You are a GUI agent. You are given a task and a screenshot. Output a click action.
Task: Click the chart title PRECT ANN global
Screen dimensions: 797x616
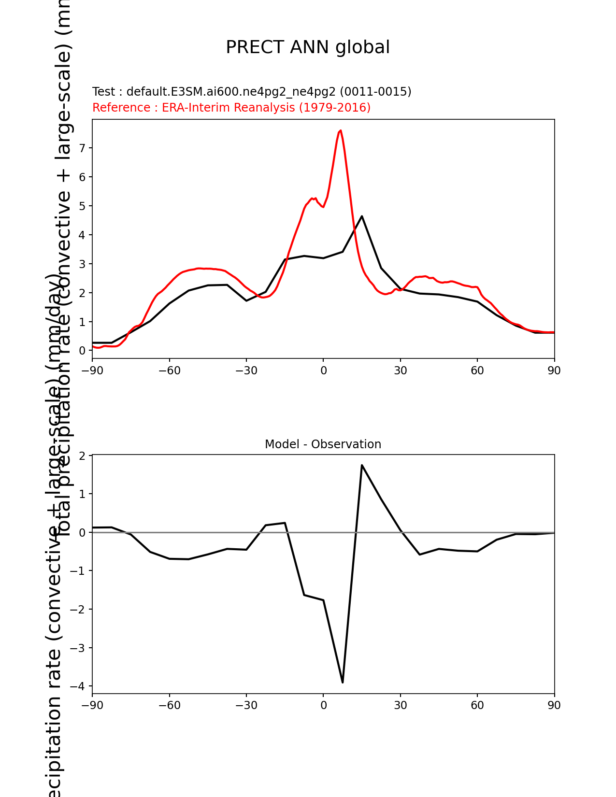coord(308,47)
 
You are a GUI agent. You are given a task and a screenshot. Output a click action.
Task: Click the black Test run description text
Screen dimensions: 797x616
coord(252,92)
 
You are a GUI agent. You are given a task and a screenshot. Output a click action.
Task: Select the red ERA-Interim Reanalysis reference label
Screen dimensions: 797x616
coord(231,107)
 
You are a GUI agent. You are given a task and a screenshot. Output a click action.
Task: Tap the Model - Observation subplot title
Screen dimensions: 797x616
coord(323,444)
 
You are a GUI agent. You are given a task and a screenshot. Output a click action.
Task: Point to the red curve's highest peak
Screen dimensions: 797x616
coord(341,130)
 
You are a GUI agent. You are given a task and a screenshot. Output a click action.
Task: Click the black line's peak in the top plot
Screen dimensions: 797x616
coord(362,216)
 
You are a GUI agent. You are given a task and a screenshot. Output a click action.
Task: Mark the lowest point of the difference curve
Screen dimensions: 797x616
coord(343,682)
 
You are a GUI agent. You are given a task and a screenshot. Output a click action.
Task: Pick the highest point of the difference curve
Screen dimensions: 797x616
coord(362,465)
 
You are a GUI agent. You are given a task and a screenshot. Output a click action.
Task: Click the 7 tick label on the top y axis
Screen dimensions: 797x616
coord(82,148)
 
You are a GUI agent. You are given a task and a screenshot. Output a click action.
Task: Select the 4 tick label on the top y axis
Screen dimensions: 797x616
coord(82,235)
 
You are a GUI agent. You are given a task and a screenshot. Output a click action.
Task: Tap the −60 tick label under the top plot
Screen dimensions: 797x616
coord(169,370)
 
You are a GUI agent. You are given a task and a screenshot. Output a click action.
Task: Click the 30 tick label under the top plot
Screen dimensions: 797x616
coord(400,370)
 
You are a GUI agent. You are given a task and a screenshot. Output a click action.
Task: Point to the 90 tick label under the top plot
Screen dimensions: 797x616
coord(554,370)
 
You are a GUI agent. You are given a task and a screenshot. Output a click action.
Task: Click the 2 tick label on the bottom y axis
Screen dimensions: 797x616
coord(82,456)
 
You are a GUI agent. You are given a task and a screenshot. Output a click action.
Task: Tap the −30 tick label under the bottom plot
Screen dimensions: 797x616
coord(246,705)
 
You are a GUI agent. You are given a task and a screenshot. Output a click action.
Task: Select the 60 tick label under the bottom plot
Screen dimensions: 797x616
coord(477,705)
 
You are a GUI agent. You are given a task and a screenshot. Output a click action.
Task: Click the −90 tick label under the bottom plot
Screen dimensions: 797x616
coord(92,705)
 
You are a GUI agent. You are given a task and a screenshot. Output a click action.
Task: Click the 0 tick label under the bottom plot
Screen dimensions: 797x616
coord(323,705)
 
